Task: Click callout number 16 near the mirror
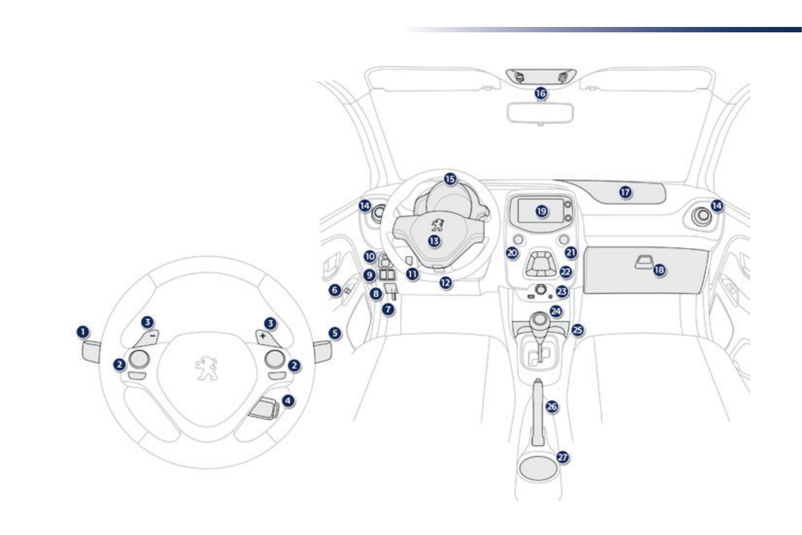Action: [x=540, y=94]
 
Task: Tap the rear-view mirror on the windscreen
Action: [x=540, y=113]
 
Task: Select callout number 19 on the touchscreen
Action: [x=542, y=211]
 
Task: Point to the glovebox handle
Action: [x=642, y=261]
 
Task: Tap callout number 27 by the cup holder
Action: [x=563, y=457]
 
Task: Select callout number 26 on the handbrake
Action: [x=552, y=407]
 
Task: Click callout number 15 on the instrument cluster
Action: [x=450, y=179]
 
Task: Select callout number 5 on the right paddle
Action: [x=335, y=333]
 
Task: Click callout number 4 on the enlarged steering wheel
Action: [x=288, y=400]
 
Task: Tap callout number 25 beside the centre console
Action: [x=577, y=330]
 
